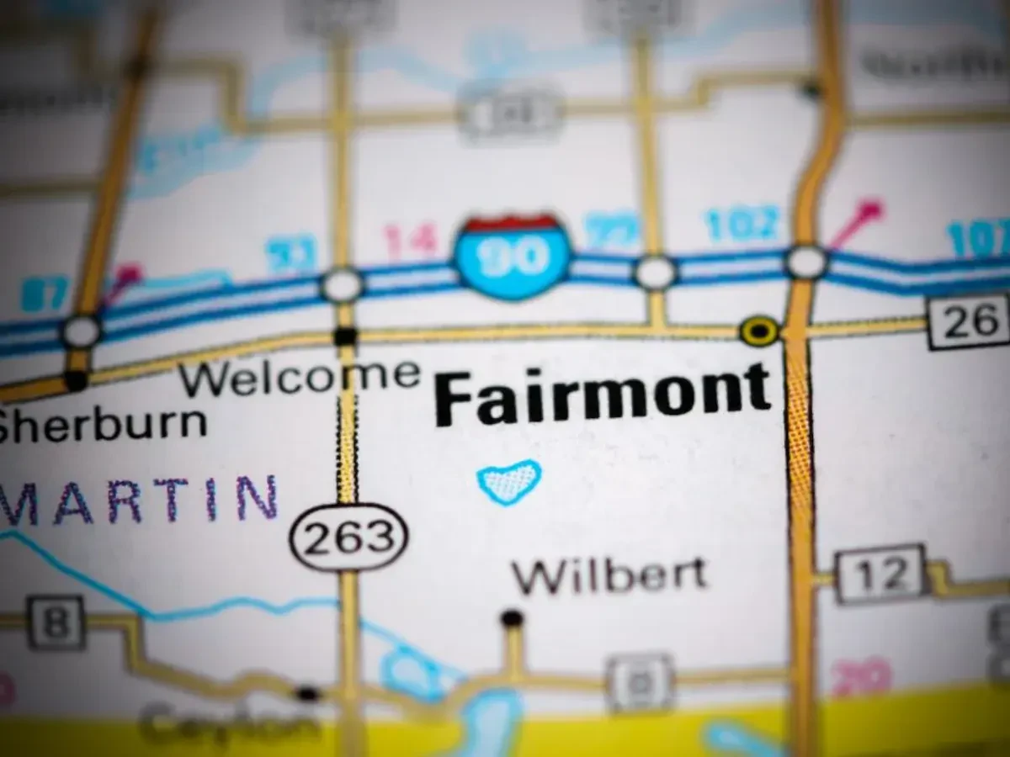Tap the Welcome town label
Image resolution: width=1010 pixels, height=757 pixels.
click(300, 378)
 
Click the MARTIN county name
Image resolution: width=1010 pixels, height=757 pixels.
click(139, 501)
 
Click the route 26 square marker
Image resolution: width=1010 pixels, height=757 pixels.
click(967, 320)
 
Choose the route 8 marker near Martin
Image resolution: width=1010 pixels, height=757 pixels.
click(56, 622)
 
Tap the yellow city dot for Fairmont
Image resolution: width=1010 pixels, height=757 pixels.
click(759, 331)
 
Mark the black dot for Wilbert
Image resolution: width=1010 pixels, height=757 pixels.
click(512, 619)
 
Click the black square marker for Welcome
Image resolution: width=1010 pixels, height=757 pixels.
click(345, 336)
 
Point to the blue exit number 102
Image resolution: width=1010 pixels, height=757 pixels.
click(742, 225)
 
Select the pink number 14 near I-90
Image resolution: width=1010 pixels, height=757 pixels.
click(411, 241)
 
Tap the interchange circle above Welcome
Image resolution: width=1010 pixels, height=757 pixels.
click(343, 286)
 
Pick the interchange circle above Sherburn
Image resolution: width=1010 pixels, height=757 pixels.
click(82, 331)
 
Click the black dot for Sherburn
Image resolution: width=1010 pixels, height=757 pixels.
click(77, 380)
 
